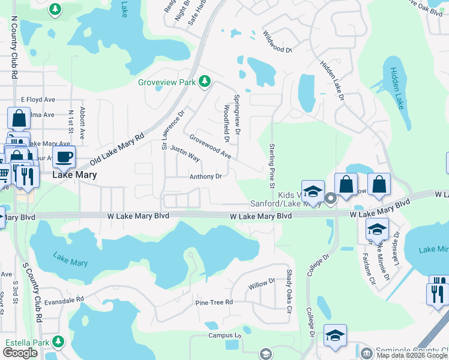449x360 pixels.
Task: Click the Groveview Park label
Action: (168, 82)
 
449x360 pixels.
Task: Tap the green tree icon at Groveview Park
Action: (205, 81)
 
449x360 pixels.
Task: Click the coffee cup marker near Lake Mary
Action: (64, 157)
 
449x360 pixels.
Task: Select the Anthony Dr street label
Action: (206, 176)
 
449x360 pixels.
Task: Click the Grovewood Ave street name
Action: (210, 146)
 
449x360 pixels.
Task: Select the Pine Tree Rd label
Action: (214, 302)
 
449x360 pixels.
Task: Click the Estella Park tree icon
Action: (58, 342)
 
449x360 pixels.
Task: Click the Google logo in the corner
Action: (20, 353)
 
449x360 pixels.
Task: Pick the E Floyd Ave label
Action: (38, 100)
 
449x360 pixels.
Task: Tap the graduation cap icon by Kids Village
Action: (312, 192)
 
